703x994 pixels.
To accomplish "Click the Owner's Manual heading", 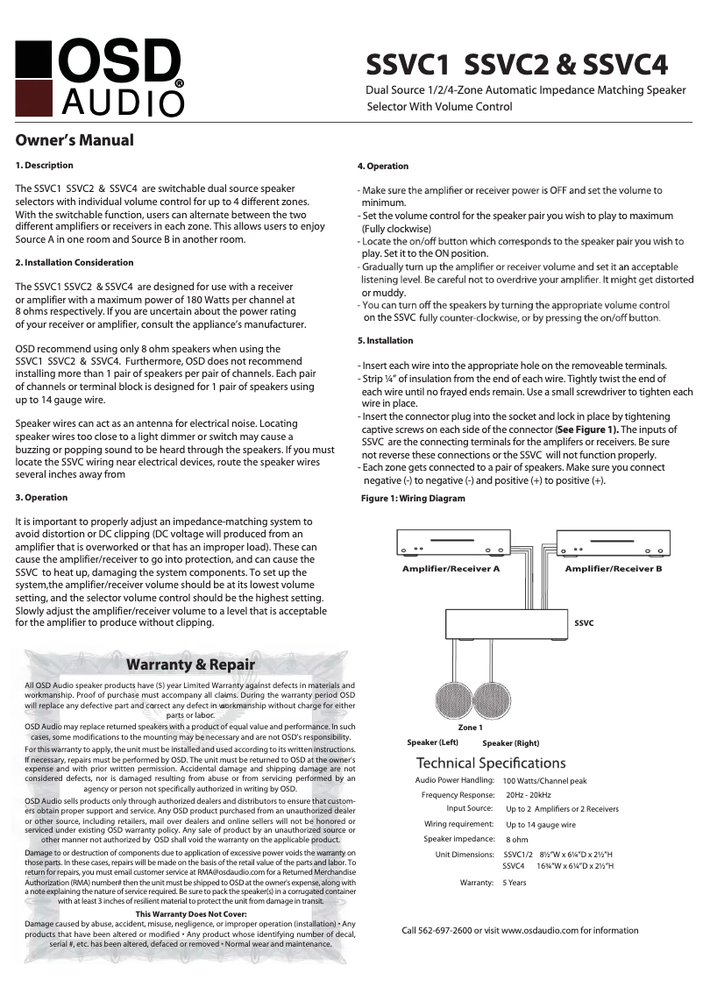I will click(75, 140).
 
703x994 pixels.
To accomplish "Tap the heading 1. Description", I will click(45, 165).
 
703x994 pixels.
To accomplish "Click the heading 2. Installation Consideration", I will click(75, 262).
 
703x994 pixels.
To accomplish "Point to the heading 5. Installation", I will click(385, 340).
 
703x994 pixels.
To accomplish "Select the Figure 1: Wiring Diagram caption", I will click(413, 498).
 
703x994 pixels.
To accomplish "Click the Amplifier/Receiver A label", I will click(451, 569).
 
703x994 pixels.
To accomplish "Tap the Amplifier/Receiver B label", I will click(613, 569).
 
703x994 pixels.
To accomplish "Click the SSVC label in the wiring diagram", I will click(584, 622).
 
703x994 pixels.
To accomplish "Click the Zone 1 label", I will click(470, 728).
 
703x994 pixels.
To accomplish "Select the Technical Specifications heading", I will click(491, 763).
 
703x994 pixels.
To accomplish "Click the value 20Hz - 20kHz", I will click(529, 794).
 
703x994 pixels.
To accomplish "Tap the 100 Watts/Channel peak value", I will click(544, 780).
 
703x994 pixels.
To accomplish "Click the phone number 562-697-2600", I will click(450, 930).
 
